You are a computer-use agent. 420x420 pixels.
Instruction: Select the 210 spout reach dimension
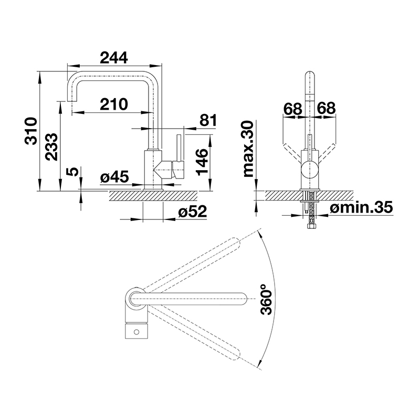click(x=114, y=104)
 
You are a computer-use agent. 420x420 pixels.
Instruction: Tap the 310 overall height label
click(x=30, y=131)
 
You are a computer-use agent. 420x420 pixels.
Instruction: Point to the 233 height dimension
click(x=51, y=147)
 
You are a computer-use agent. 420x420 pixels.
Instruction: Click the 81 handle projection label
click(x=208, y=120)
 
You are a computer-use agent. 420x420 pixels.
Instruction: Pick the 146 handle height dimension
click(x=202, y=162)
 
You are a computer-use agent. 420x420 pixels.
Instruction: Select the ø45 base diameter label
click(x=114, y=176)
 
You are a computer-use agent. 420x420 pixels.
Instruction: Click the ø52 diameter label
click(x=193, y=212)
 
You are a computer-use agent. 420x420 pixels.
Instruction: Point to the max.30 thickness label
click(x=248, y=149)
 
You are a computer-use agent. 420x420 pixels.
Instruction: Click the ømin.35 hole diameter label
click(x=361, y=207)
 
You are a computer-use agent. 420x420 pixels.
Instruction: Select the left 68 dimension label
click(x=293, y=109)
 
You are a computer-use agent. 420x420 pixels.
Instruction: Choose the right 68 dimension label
click(x=326, y=108)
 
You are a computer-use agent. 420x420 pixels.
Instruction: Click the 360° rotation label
click(x=266, y=299)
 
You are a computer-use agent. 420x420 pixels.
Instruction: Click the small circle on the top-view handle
click(x=136, y=332)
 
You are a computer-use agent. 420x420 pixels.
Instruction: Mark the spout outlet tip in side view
click(x=72, y=101)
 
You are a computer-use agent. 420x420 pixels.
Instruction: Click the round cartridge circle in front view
click(x=310, y=169)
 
